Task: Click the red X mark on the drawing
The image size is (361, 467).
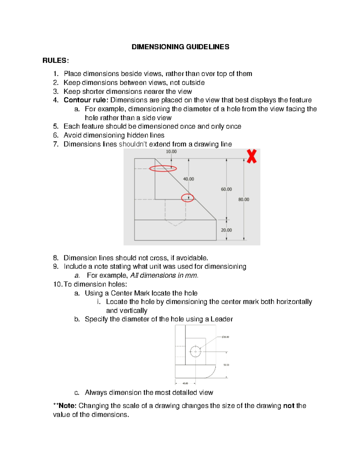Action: click(251, 156)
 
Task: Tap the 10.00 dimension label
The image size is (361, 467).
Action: click(171, 152)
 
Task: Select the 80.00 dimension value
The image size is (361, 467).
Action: click(244, 199)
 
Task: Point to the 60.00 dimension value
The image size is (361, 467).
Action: click(226, 189)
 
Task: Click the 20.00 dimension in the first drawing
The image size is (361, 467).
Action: click(226, 230)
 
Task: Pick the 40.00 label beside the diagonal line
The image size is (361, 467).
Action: click(189, 179)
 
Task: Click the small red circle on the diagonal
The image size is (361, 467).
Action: click(187, 198)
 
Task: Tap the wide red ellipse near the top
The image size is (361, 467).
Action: click(163, 169)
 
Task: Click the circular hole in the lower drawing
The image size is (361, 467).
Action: click(195, 352)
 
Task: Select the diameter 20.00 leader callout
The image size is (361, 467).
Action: click(225, 337)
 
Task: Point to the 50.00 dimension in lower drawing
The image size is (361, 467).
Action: click(226, 365)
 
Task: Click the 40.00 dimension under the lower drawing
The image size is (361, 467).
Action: click(185, 383)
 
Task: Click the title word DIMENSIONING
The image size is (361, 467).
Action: click(158, 47)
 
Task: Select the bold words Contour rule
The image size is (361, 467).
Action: click(85, 100)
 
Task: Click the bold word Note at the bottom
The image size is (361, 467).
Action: click(67, 406)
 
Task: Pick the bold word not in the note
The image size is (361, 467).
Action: click(288, 406)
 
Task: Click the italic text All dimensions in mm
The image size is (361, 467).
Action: click(164, 275)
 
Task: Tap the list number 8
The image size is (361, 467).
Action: click(56, 258)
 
